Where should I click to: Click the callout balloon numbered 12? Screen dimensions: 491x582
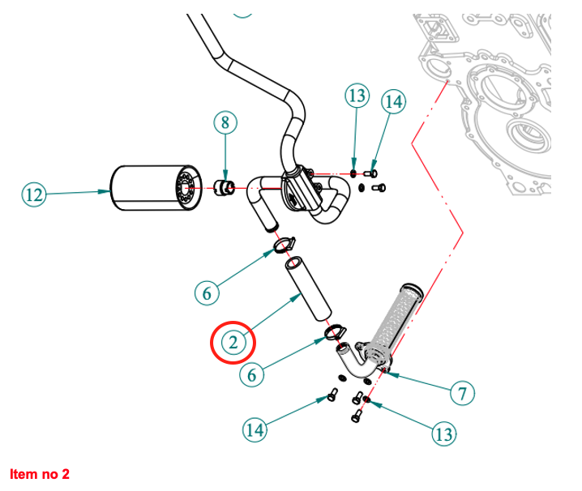pos(33,194)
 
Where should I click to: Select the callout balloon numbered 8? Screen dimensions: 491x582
pos(225,123)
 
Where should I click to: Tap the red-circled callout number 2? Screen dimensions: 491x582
pos(233,343)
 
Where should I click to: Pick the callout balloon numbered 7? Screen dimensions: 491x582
pos(462,394)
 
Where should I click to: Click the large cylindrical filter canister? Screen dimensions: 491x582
pos(152,189)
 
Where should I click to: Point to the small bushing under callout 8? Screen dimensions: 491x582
pos(226,189)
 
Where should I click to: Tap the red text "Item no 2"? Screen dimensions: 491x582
pos(41,473)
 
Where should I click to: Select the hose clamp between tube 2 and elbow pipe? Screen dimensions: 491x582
pos(334,332)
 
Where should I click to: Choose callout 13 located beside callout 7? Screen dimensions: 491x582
pos(443,434)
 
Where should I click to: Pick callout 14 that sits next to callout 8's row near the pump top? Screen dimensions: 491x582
pos(393,102)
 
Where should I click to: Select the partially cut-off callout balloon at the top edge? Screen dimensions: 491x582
pos(242,9)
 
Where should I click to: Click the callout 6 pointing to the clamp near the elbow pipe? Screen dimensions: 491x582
pos(253,374)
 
